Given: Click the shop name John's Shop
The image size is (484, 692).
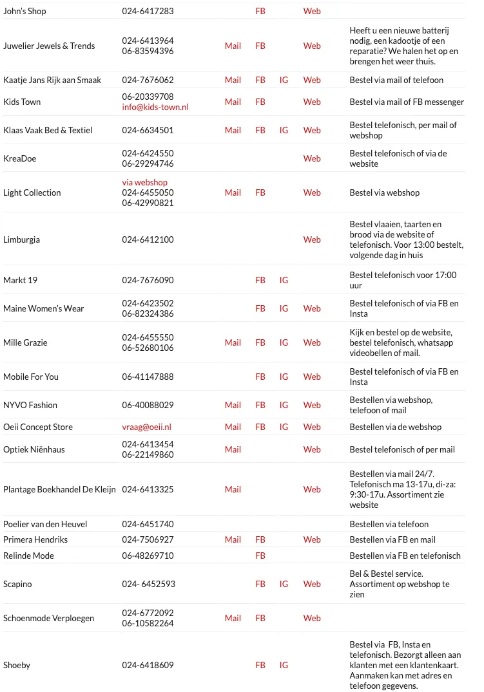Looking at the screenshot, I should click(x=24, y=11).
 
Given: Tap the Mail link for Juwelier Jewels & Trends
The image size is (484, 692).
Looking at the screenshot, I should click(x=233, y=46).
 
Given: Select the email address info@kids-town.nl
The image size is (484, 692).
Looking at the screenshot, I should click(x=155, y=107).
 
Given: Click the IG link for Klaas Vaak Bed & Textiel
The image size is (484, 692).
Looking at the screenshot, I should click(x=284, y=130).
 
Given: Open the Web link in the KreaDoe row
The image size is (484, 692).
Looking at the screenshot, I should click(x=312, y=158).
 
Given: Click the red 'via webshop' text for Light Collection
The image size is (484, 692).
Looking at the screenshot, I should click(x=144, y=182).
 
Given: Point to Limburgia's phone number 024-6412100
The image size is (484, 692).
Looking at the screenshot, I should click(x=148, y=239).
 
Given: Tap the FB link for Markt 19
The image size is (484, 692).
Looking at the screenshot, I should click(x=260, y=280).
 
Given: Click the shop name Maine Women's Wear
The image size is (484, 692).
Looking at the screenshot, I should click(x=43, y=308).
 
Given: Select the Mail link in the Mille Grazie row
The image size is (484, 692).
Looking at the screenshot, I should click(x=233, y=342).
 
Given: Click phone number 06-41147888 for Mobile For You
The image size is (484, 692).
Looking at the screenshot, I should click(x=148, y=377).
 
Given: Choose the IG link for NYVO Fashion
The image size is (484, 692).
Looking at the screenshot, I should click(x=284, y=405).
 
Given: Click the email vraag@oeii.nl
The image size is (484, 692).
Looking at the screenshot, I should click(x=146, y=427).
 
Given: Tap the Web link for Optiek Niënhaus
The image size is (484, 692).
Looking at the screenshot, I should click(x=312, y=449).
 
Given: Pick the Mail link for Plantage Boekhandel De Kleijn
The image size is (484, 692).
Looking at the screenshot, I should click(x=233, y=489).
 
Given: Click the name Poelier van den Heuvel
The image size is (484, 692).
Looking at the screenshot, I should click(x=45, y=524).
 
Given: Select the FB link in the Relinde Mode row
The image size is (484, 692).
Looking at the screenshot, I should click(x=260, y=556).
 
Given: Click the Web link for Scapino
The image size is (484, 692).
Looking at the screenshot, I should click(x=312, y=584).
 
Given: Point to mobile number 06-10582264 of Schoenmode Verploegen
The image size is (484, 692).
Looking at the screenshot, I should click(x=148, y=623).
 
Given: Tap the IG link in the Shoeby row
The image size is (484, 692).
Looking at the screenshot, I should click(x=284, y=665).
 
